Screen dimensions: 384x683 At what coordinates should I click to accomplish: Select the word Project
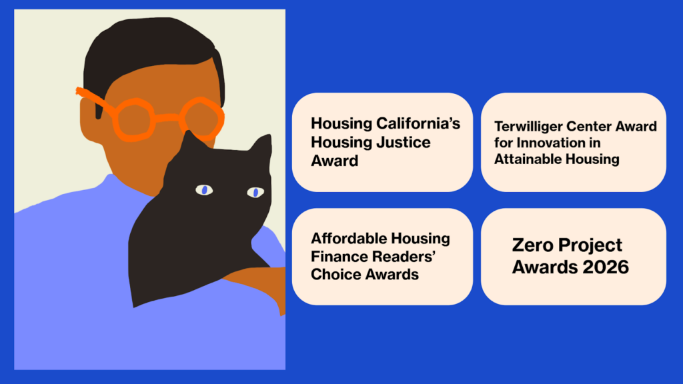(x=589, y=245)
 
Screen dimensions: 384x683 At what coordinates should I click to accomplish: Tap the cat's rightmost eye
(x=255, y=193)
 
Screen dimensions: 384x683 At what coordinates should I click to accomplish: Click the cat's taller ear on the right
(x=261, y=148)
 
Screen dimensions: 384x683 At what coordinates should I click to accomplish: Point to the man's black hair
(x=147, y=47)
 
